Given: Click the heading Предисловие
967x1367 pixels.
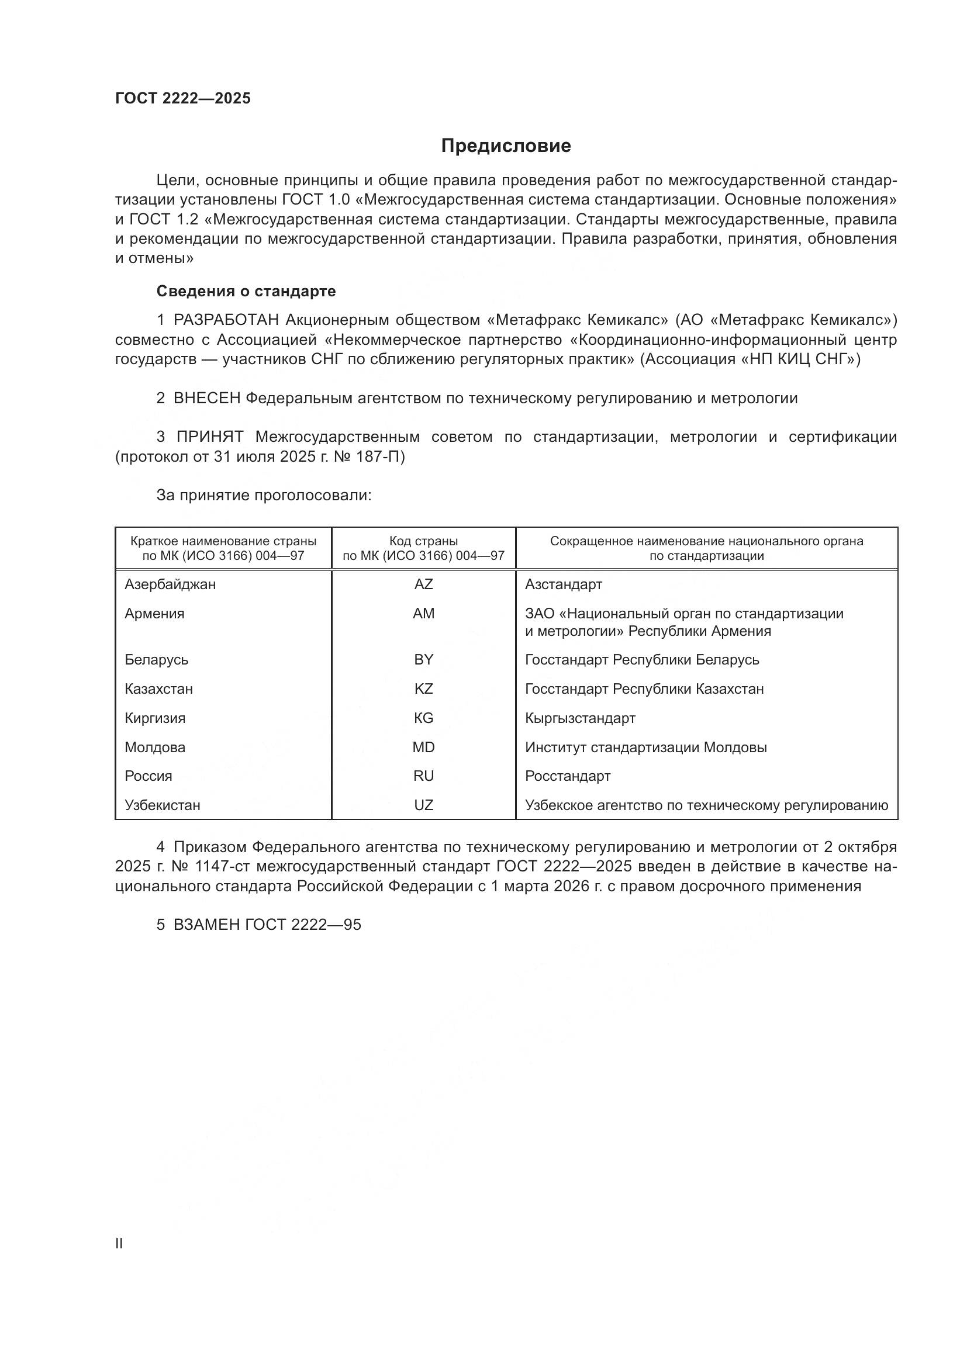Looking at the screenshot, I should [x=506, y=146].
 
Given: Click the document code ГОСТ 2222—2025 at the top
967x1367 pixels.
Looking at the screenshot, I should [x=183, y=99].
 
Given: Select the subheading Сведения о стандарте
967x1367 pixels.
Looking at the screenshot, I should [x=246, y=291].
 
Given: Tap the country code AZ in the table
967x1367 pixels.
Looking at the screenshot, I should [x=423, y=584].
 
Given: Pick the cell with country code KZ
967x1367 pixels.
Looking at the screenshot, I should [x=423, y=689].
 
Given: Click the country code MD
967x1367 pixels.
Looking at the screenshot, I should [x=423, y=747].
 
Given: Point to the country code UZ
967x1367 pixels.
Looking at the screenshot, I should [x=423, y=805].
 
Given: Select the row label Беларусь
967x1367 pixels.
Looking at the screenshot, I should [x=157, y=660].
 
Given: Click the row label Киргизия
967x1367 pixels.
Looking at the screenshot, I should [x=155, y=718].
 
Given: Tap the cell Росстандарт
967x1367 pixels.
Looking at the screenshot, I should [x=568, y=776].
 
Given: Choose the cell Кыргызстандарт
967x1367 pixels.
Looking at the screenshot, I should [x=580, y=718].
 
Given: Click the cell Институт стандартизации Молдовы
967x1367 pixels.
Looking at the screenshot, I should [x=645, y=747].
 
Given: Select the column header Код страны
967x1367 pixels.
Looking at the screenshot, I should [x=423, y=541].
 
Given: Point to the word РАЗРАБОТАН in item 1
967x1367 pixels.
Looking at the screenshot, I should [x=226, y=320].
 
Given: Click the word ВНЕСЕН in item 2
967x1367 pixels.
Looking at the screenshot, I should [x=206, y=399].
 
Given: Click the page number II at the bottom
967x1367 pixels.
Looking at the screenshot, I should [x=119, y=1244].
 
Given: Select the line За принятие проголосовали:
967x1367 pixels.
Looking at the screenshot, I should [x=264, y=496].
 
